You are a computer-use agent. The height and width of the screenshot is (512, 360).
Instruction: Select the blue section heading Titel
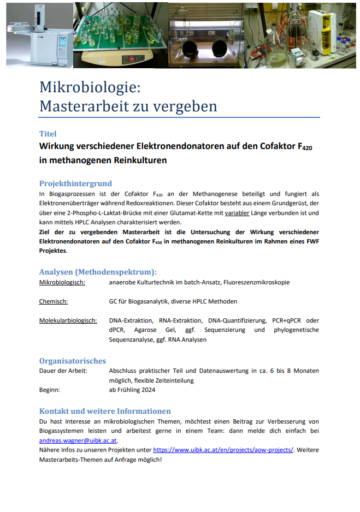pyautogui.click(x=48, y=134)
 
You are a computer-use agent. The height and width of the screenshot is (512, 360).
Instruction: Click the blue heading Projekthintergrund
pyautogui.click(x=75, y=183)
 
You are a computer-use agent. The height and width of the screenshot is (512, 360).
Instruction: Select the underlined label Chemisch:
pyautogui.click(x=53, y=301)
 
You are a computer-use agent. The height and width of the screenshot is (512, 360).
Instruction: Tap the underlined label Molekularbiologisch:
pyautogui.click(x=68, y=320)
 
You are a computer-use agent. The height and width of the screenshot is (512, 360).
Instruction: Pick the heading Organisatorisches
pyautogui.click(x=73, y=361)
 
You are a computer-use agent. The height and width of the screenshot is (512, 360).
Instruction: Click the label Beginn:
pyautogui.click(x=50, y=390)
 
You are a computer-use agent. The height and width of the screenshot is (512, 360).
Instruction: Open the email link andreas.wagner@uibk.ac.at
pyautogui.click(x=78, y=440)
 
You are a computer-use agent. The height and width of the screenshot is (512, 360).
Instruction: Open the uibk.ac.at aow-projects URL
pyautogui.click(x=223, y=450)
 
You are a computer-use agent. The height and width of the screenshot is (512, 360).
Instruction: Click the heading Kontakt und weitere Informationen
pyautogui.click(x=105, y=411)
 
